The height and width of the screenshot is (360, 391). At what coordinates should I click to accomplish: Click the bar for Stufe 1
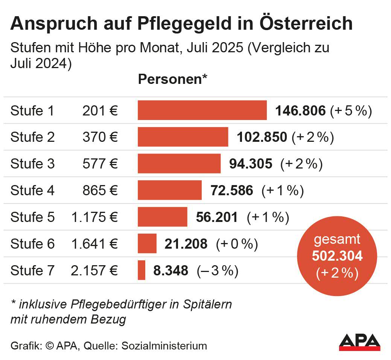point(202,110)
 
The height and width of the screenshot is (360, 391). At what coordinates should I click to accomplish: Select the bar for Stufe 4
point(170,190)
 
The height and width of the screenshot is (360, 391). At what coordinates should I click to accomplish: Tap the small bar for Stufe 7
point(141,270)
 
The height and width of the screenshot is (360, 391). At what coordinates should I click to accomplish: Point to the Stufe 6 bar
point(147,243)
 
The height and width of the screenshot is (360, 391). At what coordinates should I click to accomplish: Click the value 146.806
point(300,111)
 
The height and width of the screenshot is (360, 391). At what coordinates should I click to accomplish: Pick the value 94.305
point(251,164)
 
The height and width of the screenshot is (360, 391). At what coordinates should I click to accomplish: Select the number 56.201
point(217,217)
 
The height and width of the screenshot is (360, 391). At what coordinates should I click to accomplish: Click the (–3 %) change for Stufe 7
point(218,270)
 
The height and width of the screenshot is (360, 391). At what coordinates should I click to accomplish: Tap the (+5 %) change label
point(351,111)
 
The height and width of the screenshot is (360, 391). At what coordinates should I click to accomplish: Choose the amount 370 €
point(100,137)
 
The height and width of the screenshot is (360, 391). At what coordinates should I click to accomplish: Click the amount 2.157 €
point(94,270)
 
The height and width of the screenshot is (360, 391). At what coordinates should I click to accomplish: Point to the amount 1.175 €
point(94,217)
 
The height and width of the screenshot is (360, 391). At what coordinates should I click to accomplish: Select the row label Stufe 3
point(32,164)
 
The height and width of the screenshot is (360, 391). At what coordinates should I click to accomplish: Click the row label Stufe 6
point(32,244)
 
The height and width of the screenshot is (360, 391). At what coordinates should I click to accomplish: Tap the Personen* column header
point(173,80)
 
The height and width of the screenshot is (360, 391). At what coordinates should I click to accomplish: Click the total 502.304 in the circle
point(337,256)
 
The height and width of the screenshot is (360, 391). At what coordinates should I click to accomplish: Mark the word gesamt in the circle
point(337,239)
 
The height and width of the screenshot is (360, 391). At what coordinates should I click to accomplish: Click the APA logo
point(359,342)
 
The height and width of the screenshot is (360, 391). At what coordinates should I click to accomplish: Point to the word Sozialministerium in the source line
point(164,345)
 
